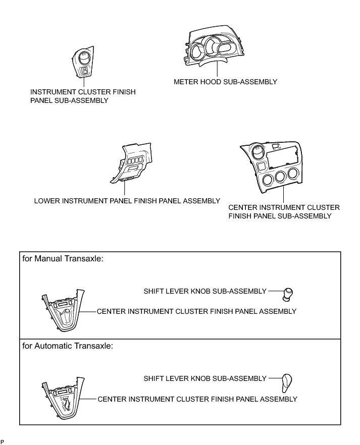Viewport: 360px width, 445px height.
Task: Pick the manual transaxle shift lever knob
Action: [288, 293]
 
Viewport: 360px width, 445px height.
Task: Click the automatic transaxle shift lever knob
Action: [288, 382]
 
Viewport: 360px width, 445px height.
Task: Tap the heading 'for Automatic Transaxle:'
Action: [68, 346]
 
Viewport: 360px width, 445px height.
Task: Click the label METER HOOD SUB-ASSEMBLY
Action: [225, 82]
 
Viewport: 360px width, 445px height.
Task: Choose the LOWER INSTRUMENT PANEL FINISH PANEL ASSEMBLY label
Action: [127, 201]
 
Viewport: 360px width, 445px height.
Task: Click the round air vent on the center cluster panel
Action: [257, 151]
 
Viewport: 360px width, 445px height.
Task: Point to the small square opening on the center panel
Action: [262, 166]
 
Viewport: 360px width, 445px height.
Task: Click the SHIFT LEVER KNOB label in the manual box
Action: [204, 291]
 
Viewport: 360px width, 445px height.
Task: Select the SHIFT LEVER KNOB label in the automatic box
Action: [204, 378]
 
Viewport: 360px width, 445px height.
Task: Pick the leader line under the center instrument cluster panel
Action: [283, 195]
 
